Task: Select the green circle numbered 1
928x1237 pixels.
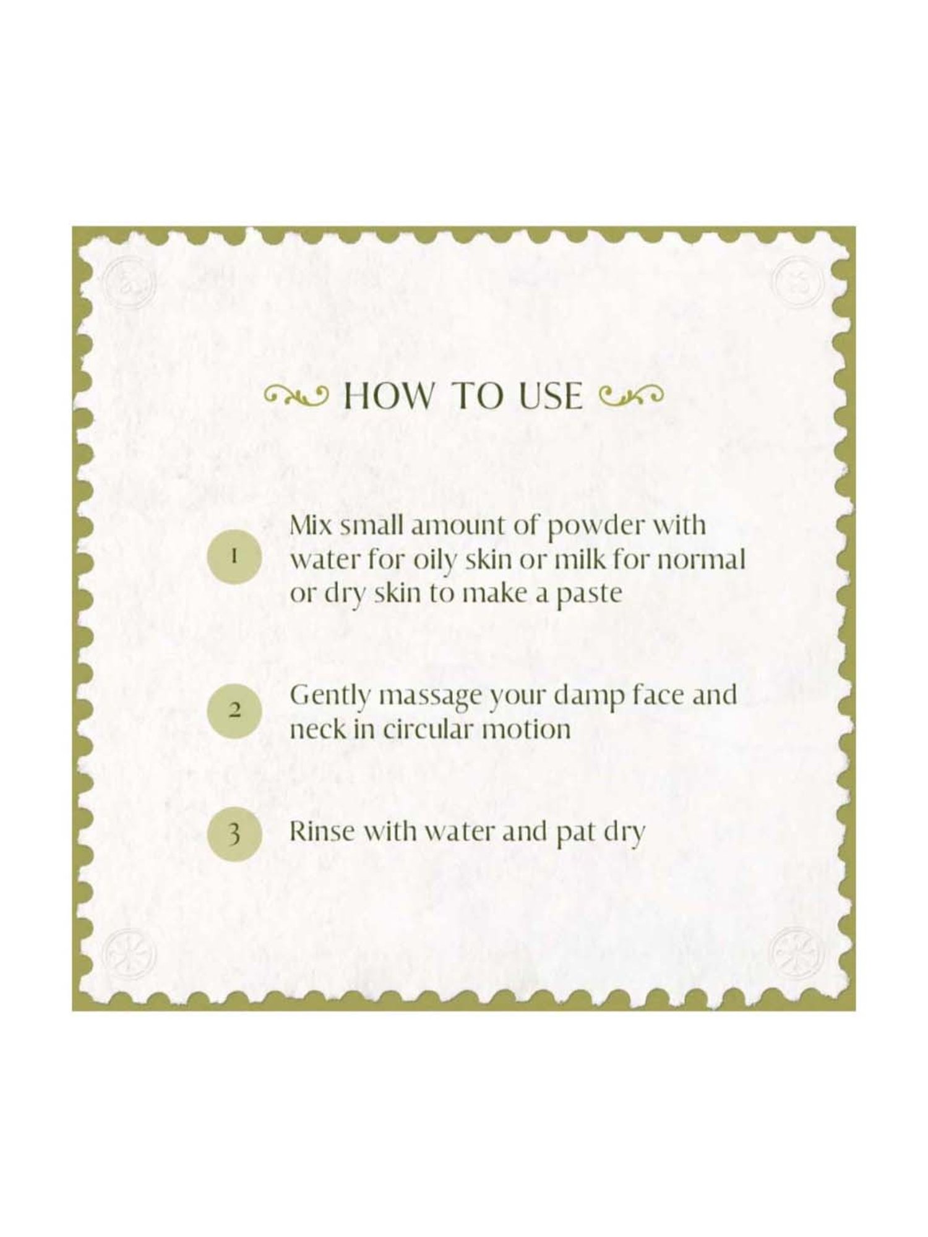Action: click(234, 555)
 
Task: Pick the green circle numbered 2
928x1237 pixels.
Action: click(234, 711)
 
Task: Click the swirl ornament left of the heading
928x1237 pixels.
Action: click(296, 395)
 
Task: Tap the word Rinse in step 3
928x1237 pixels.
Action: click(322, 831)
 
